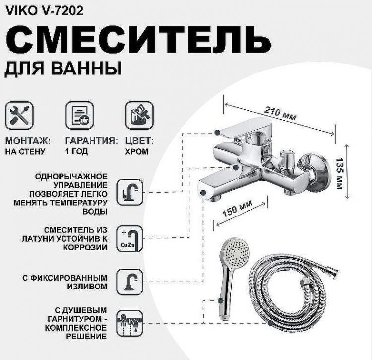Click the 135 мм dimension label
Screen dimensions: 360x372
[354, 171]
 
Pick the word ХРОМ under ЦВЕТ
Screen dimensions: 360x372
[136, 152]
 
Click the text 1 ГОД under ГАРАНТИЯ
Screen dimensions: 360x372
[77, 152]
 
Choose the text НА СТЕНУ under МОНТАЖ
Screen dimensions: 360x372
[25, 152]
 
